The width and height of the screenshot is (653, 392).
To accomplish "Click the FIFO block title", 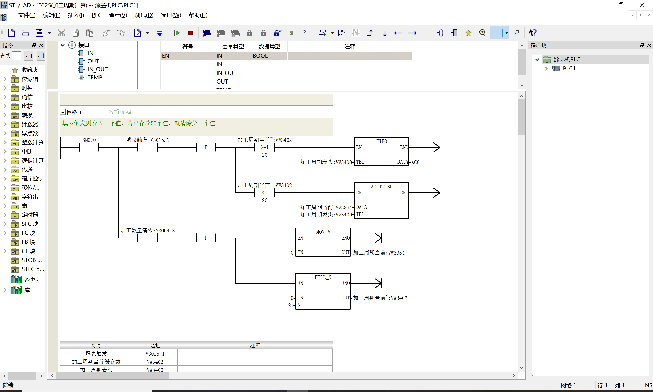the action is (381, 142).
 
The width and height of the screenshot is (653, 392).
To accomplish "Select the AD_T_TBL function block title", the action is (381, 187).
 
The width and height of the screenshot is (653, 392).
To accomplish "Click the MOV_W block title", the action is (323, 232).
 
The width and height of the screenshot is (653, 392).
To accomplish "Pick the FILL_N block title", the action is (323, 277).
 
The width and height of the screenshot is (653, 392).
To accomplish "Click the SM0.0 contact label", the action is (89, 140).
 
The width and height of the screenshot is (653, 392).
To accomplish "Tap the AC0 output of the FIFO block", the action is (415, 162).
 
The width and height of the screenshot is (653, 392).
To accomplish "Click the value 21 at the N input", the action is (290, 305).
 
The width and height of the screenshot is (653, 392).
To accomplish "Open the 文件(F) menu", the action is (27, 15).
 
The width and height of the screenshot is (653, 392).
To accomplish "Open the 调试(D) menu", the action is (144, 15).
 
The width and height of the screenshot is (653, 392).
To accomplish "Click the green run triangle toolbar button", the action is (176, 33).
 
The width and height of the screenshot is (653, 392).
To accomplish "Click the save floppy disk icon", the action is (39, 33).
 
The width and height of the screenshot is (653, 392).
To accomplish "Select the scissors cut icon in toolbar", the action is (61, 33).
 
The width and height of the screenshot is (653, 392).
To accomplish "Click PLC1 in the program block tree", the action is (569, 68).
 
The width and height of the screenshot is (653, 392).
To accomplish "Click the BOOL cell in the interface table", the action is (260, 56).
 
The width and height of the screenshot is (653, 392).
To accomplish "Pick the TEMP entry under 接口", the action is (95, 77).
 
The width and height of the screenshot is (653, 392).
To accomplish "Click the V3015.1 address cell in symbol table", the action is (155, 354).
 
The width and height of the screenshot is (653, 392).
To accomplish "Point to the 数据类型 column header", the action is (269, 46).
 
